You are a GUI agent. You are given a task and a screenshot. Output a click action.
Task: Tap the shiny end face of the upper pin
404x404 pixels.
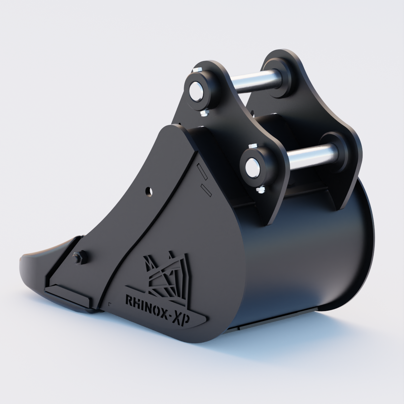coord(196,91)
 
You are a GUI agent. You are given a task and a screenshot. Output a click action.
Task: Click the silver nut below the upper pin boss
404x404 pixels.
coord(204,113)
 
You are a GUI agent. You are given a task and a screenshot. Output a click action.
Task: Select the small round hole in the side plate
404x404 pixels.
coord(148,191)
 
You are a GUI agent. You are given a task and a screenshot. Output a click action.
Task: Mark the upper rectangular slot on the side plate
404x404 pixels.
coord(201,171)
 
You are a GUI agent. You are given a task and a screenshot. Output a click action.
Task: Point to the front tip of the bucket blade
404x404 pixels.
coord(24,261)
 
